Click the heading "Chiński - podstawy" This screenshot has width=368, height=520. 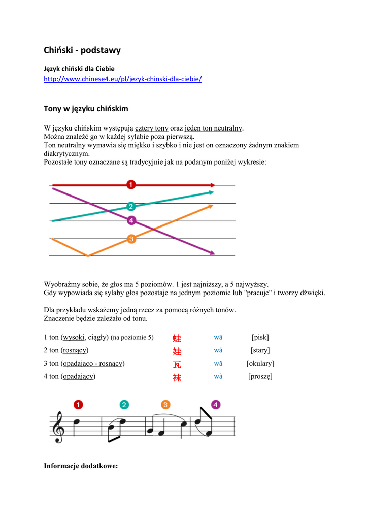(82, 50)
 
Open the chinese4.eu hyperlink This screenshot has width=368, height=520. (123, 79)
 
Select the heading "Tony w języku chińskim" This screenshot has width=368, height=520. (86, 109)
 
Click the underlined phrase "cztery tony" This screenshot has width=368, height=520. (151, 128)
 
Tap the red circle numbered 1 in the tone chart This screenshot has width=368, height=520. (131, 184)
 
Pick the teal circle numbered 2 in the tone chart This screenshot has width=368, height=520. (131, 206)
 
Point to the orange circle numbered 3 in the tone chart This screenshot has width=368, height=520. (131, 239)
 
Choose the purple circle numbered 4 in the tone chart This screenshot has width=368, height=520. (131, 220)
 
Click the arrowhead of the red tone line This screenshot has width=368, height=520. (212, 185)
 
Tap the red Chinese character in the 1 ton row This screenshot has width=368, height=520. (177, 338)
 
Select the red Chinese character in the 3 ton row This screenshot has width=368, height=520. (177, 364)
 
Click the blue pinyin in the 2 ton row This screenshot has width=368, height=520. (218, 350)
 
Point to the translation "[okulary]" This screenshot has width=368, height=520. (260, 363)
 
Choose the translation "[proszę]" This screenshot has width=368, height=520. (260, 376)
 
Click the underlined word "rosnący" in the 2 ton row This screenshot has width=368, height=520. (75, 350)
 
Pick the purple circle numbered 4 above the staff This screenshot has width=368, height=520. (216, 405)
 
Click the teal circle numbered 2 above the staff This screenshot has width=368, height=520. (124, 405)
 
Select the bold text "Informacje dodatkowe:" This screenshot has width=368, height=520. (81, 466)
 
